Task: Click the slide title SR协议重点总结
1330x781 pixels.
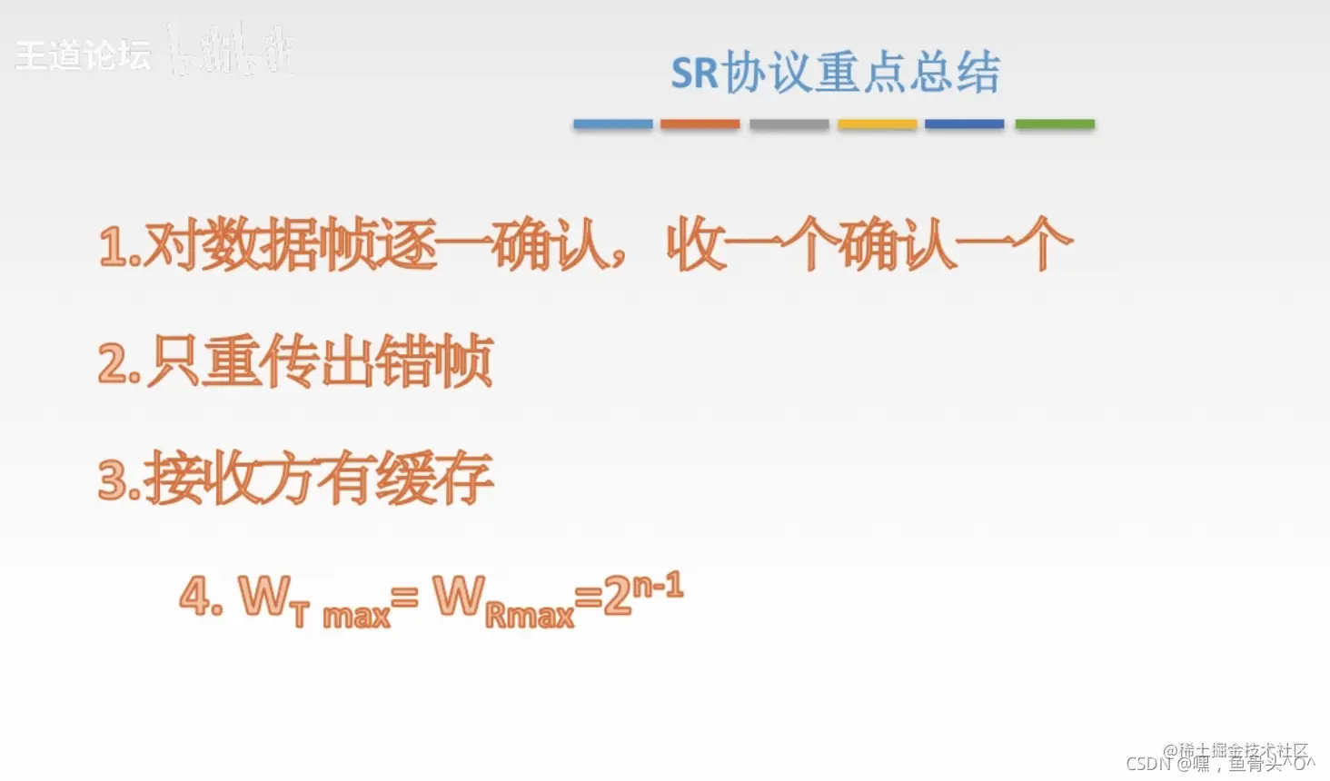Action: click(x=835, y=73)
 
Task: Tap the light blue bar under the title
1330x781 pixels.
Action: click(x=612, y=124)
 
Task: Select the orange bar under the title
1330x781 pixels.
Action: click(x=700, y=124)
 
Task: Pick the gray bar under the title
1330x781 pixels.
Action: click(x=789, y=124)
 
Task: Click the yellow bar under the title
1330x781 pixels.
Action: click(x=877, y=124)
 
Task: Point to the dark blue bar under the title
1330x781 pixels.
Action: click(x=964, y=124)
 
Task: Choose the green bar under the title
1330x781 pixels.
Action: click(x=1054, y=124)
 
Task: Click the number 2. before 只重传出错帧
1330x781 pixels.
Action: click(x=120, y=363)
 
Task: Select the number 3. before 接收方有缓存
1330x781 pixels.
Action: click(x=120, y=479)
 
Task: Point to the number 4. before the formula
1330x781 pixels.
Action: click(x=201, y=598)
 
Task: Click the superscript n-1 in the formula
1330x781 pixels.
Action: click(x=658, y=587)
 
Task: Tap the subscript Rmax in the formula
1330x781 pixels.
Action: click(x=530, y=617)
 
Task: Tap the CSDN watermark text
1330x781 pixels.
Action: click(x=1148, y=764)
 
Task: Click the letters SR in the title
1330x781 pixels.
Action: click(x=695, y=74)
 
